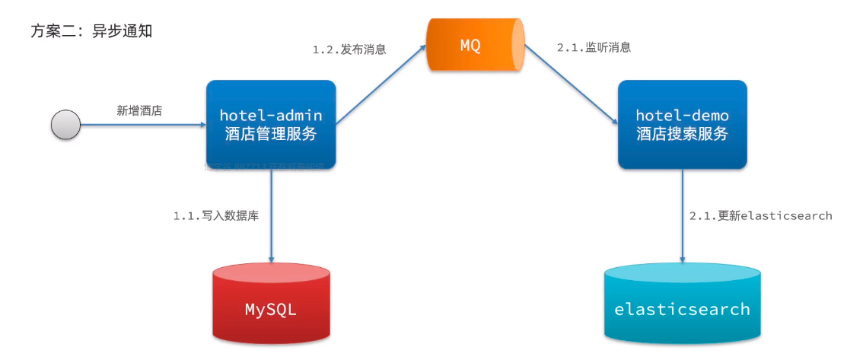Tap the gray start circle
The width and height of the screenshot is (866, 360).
(x=65, y=124)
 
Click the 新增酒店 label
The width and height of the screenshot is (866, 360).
(x=139, y=110)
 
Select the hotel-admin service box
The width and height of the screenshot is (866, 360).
(x=271, y=125)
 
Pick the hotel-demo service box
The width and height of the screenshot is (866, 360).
(x=682, y=125)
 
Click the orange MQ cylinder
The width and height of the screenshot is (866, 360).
(x=475, y=45)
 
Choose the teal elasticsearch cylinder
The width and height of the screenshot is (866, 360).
(x=682, y=304)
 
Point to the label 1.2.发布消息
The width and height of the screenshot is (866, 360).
(x=349, y=49)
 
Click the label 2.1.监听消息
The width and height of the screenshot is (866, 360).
(x=594, y=47)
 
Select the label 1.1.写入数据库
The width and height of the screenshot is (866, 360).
(x=216, y=215)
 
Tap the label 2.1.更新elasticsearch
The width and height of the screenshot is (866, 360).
(x=760, y=215)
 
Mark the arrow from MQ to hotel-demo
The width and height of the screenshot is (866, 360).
(x=571, y=84)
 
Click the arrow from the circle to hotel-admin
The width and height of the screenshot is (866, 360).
(x=145, y=124)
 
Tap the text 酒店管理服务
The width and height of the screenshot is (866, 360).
(x=271, y=135)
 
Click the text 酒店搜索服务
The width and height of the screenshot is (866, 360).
(x=682, y=135)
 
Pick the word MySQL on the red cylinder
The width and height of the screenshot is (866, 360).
(x=271, y=310)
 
